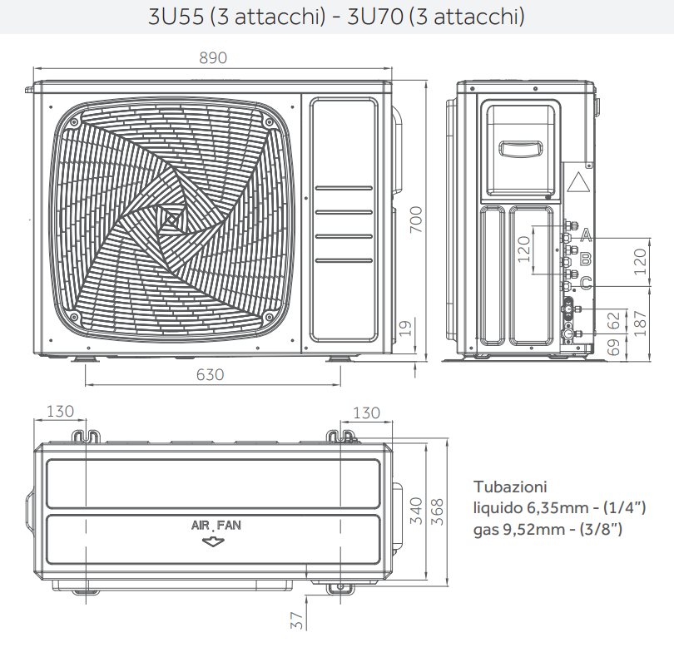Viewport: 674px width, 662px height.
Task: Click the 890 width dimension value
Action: tap(212, 58)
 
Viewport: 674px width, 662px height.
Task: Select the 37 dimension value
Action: tap(297, 619)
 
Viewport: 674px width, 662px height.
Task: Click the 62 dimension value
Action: tap(613, 319)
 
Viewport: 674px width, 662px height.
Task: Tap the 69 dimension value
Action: tap(613, 348)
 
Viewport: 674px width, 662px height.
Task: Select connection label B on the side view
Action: tap(586, 259)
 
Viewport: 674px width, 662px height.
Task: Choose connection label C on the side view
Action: tap(586, 284)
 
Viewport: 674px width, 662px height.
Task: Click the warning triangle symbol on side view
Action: tap(579, 182)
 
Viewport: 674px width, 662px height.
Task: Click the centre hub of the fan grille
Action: tap(172, 219)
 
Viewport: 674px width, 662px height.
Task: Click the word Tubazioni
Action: tap(510, 487)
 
